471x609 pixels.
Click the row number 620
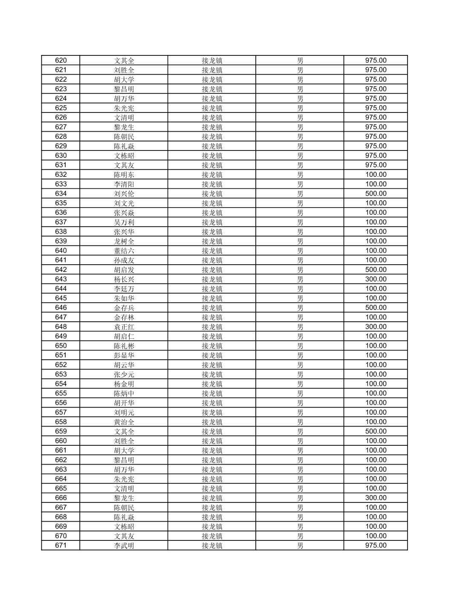click(x=61, y=61)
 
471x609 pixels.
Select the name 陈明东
click(x=124, y=175)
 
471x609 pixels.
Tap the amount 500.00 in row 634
click(x=376, y=193)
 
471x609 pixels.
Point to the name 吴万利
click(x=124, y=222)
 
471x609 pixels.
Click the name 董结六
click(x=124, y=251)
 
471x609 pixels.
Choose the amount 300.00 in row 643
click(x=376, y=279)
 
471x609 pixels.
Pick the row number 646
click(x=61, y=308)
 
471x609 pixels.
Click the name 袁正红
click(x=124, y=327)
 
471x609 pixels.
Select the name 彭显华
click(x=124, y=355)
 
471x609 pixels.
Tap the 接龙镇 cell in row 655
click(x=212, y=393)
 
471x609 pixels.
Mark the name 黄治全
click(x=124, y=422)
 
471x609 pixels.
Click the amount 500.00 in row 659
click(x=376, y=431)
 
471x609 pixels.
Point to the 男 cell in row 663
click(x=300, y=470)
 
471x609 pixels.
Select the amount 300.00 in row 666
click(x=376, y=498)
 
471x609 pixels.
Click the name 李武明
click(x=124, y=546)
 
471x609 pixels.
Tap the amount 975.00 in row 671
click(x=376, y=546)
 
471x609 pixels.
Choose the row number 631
click(x=61, y=165)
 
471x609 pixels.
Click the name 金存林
click(x=124, y=317)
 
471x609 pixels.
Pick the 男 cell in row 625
click(x=300, y=108)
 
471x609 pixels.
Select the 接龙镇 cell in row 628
click(x=212, y=136)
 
